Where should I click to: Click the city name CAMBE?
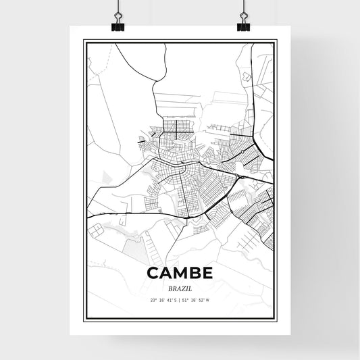180,274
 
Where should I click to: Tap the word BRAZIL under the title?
180,288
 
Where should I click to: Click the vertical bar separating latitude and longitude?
178,300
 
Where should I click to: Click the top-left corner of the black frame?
84,41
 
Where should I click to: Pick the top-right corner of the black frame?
276,41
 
